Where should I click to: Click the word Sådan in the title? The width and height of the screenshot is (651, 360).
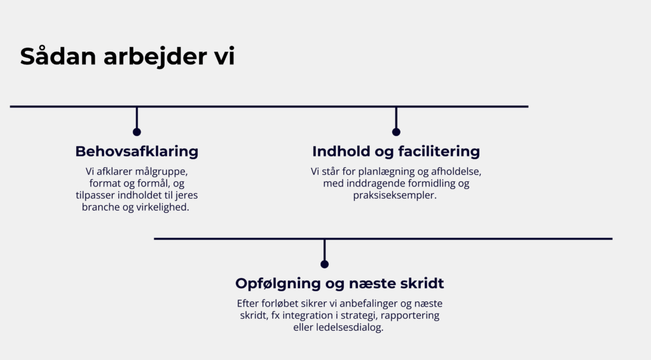[58, 56]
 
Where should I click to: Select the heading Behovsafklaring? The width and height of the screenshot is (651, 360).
[137, 151]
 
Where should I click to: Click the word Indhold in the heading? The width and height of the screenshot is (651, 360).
[341, 151]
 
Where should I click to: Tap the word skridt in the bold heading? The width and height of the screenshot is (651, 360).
[422, 283]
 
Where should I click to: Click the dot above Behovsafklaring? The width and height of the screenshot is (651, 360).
[137, 132]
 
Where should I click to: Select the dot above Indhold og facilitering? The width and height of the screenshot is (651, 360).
[396, 132]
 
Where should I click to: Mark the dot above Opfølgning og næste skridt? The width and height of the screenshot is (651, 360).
[325, 264]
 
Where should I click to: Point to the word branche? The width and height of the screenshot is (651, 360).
[100, 207]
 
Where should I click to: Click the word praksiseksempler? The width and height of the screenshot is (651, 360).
[395, 195]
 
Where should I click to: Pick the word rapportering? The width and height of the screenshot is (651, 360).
[410, 315]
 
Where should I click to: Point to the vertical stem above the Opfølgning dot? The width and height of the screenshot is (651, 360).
[325, 250]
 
